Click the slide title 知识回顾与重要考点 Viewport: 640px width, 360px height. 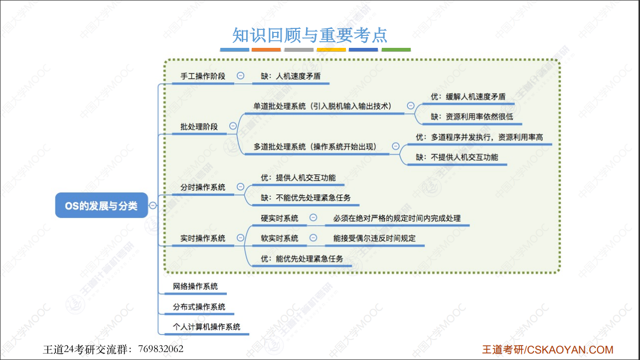click(310, 35)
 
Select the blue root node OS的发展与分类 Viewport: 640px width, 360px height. click(101, 205)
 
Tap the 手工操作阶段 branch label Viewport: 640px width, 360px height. click(202, 76)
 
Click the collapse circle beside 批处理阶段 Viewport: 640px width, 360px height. click(233, 126)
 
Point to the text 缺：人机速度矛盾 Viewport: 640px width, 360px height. click(291, 76)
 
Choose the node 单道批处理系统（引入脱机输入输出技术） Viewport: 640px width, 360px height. click(322, 106)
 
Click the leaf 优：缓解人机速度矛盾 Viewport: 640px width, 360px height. click(468, 97)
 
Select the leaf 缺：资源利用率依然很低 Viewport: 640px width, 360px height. click(472, 117)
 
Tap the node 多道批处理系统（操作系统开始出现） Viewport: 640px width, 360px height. click(315, 147)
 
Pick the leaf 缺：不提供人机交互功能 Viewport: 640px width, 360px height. click(457, 157)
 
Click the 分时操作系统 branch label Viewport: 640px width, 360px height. click(202, 187)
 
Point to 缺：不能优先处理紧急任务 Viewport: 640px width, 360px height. click(306, 198)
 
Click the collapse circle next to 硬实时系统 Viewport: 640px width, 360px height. click(313, 218)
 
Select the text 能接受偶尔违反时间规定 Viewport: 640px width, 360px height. click(374, 238)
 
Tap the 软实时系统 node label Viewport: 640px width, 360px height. click(280, 238)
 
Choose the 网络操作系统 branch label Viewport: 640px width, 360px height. click(195, 287)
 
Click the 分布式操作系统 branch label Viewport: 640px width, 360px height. click(199, 307)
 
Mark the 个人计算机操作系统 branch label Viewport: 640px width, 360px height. click(206, 327)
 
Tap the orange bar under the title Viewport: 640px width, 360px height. click(266, 50)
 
